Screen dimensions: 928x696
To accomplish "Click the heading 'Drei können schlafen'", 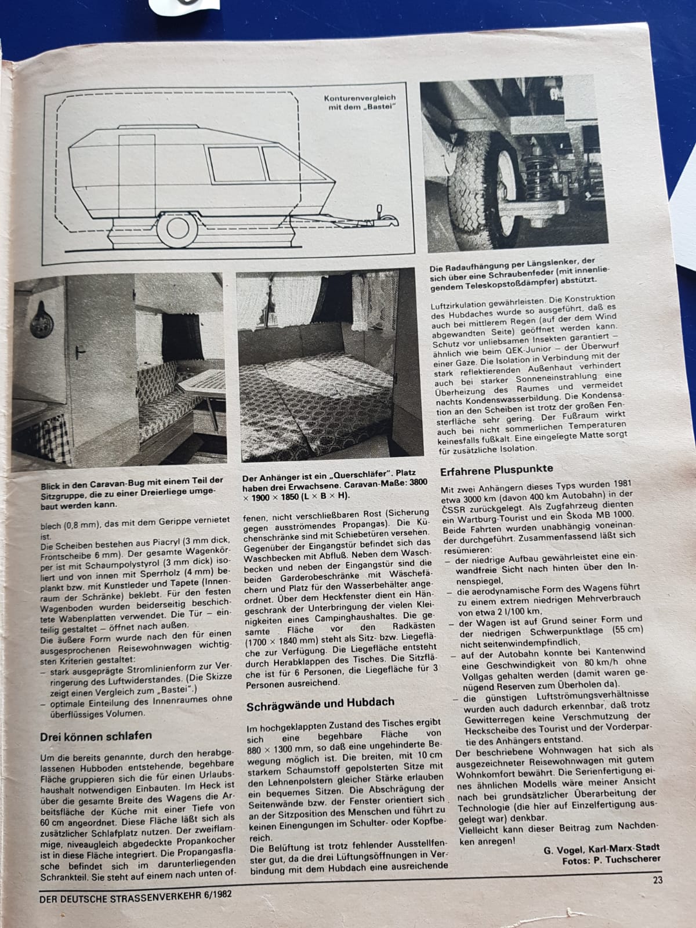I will (x=96, y=735).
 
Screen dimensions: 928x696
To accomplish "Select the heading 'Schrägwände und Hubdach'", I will (x=320, y=702).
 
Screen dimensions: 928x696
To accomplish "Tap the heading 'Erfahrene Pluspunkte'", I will (x=496, y=469).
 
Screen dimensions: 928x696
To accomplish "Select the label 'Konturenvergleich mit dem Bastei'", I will (x=363, y=103).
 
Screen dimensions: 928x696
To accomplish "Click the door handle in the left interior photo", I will (x=84, y=352).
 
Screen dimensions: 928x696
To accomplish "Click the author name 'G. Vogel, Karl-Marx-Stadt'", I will (x=601, y=849).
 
